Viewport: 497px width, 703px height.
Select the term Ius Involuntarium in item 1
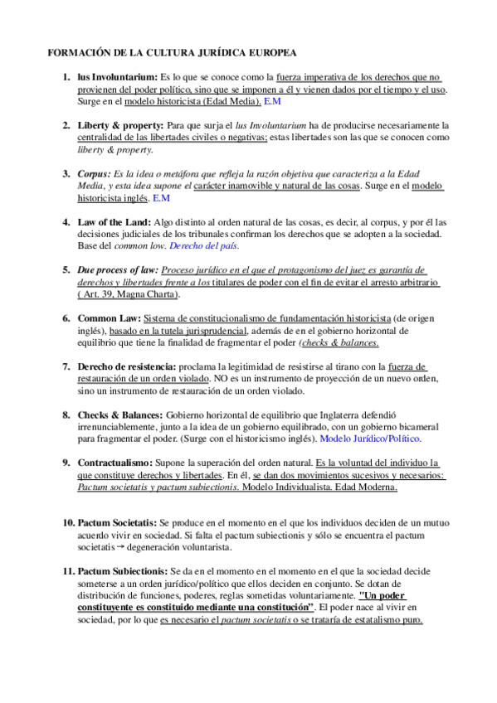[x=116, y=77]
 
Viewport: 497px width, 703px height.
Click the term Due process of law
[x=116, y=270]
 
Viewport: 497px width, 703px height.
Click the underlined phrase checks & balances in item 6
[x=339, y=342]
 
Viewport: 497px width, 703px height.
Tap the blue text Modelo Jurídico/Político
[x=370, y=439]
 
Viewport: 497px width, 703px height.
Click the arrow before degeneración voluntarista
[x=120, y=547]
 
